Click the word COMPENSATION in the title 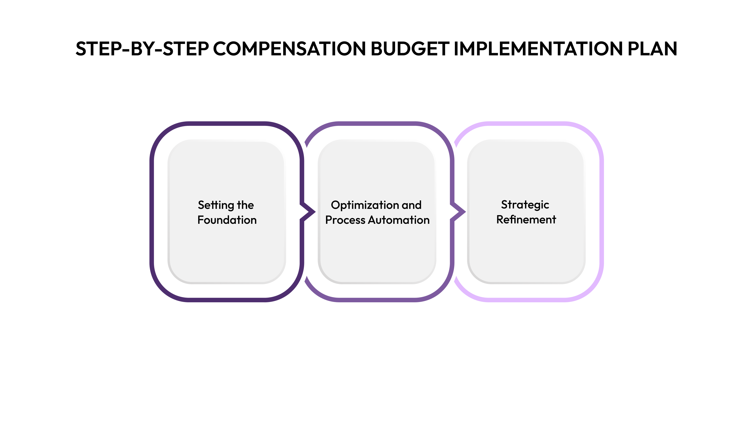[x=289, y=49]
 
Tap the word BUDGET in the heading [x=410, y=49]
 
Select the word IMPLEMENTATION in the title [x=538, y=49]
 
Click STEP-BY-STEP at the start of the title [x=142, y=49]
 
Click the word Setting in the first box [x=216, y=205]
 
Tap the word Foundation [x=227, y=220]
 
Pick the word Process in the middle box [x=345, y=220]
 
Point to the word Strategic [x=525, y=205]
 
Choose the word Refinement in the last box [x=526, y=220]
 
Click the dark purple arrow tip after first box [x=310, y=211]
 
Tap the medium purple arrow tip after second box [x=461, y=211]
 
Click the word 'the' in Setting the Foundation [x=245, y=205]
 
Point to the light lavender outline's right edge [x=601, y=211]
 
